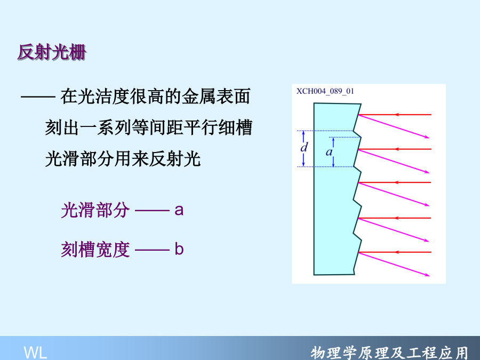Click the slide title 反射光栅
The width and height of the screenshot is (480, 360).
pyautogui.click(x=52, y=52)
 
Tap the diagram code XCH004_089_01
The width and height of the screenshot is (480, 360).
pyautogui.click(x=325, y=91)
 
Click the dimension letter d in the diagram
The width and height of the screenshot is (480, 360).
pyautogui.click(x=303, y=148)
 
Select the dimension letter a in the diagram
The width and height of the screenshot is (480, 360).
pyautogui.click(x=329, y=152)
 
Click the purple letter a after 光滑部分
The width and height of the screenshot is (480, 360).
pyautogui.click(x=179, y=210)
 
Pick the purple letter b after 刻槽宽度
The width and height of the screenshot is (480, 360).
pyautogui.click(x=179, y=249)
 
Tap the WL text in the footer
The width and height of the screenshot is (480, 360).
pyautogui.click(x=36, y=353)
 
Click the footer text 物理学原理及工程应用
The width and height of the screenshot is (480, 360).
pyautogui.click(x=389, y=353)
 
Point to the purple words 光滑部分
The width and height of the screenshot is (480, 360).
pyautogui.click(x=95, y=210)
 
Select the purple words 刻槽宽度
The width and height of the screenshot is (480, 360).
pyautogui.click(x=95, y=249)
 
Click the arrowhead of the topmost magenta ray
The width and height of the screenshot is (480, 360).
pyautogui.click(x=427, y=137)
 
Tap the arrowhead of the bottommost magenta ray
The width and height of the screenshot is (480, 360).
pyautogui.click(x=427, y=275)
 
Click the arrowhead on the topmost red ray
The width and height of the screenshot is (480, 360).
pyautogui.click(x=397, y=115)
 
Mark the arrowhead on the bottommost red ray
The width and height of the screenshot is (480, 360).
pyautogui.click(x=397, y=252)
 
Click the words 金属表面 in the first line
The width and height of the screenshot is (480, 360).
pyautogui.click(x=216, y=96)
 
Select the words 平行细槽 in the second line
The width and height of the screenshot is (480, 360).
pyautogui.click(x=218, y=127)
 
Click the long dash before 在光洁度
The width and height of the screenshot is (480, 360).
pyautogui.click(x=38, y=97)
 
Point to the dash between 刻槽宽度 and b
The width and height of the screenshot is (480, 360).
pyautogui.click(x=152, y=250)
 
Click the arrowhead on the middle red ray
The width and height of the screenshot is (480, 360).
pyautogui.click(x=397, y=182)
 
